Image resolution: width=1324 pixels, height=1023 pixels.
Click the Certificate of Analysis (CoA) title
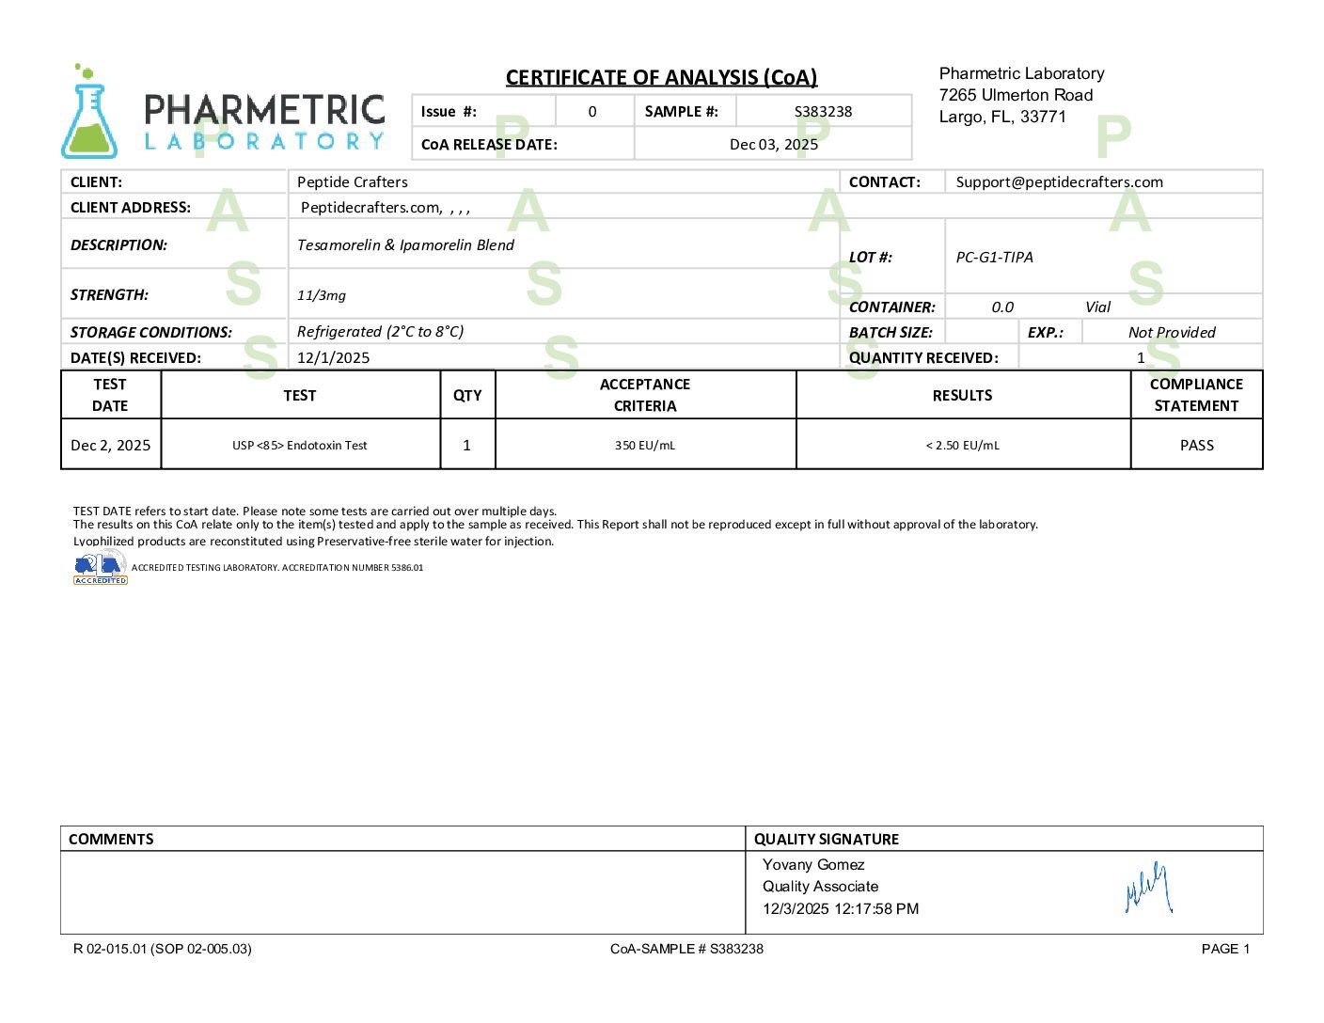tap(661, 77)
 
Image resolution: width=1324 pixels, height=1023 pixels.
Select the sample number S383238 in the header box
tap(823, 111)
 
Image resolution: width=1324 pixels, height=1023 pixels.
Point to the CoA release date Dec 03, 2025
tap(773, 144)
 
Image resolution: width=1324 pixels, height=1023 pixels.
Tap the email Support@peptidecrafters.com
tap(1059, 181)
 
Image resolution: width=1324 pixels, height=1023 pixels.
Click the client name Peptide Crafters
tap(352, 181)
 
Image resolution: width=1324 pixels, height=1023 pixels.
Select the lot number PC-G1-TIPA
tap(994, 257)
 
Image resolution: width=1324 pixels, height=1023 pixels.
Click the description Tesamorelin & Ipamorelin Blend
tap(405, 244)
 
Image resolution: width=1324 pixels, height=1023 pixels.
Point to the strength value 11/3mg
tap(322, 294)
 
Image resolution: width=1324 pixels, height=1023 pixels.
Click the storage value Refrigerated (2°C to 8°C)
tap(380, 331)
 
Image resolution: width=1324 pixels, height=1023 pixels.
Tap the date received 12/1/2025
tap(333, 357)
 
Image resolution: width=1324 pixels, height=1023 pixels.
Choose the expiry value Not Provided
tap(1171, 332)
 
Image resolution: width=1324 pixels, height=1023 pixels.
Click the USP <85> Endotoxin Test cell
tap(300, 445)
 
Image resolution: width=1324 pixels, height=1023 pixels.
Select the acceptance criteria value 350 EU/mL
tap(645, 445)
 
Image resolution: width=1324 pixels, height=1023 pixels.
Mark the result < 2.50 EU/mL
tap(962, 445)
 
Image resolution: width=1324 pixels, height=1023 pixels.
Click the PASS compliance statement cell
tap(1196, 445)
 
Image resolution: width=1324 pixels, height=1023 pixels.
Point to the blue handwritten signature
tap(1148, 888)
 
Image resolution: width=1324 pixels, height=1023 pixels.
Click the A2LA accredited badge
tap(100, 568)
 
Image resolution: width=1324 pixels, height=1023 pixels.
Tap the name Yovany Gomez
tap(812, 864)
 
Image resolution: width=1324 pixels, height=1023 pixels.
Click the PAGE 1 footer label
tap(1225, 949)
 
